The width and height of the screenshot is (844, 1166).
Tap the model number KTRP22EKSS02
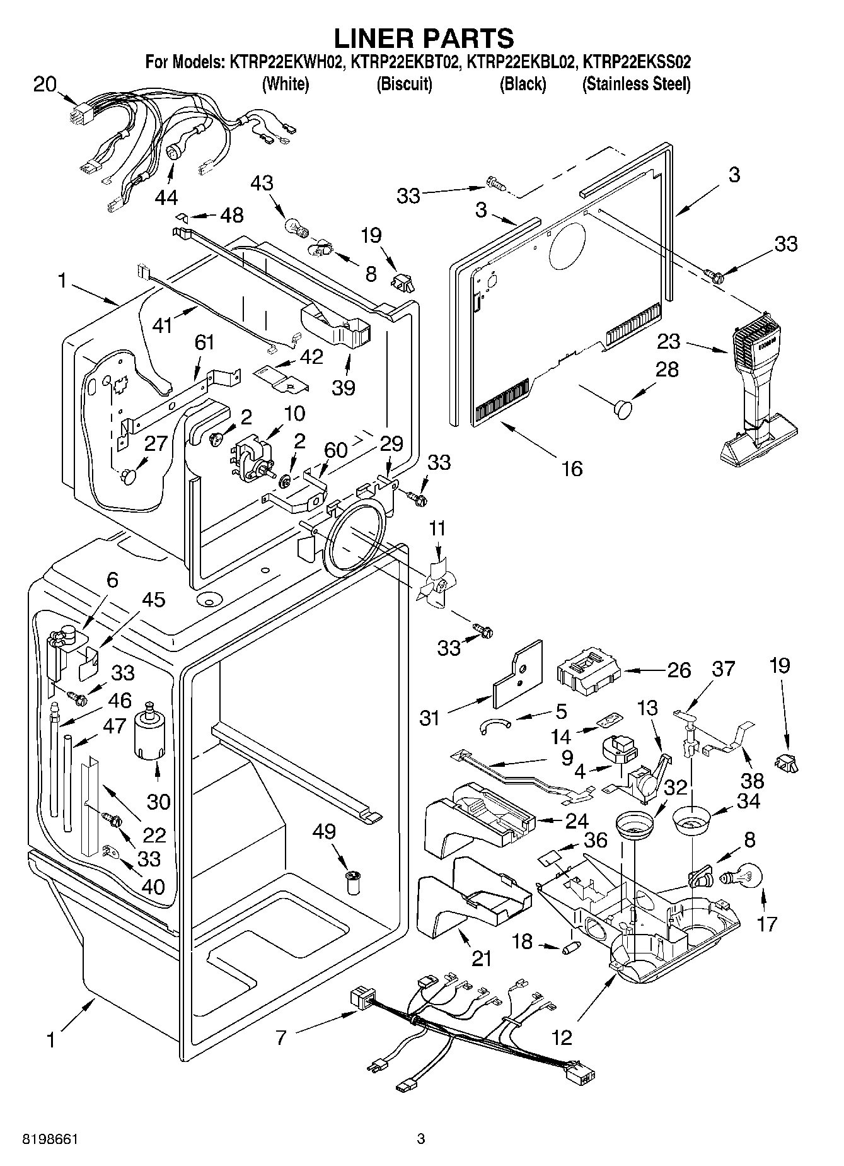[x=637, y=62]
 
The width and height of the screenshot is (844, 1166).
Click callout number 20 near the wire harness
[x=45, y=84]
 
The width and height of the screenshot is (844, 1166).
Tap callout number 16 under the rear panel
[x=572, y=469]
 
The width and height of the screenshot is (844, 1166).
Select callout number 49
[x=324, y=832]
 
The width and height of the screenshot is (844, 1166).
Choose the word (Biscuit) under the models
[x=404, y=84]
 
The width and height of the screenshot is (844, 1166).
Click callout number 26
[x=679, y=670]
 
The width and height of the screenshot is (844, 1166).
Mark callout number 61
[x=204, y=342]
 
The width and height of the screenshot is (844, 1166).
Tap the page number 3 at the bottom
[x=421, y=1139]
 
